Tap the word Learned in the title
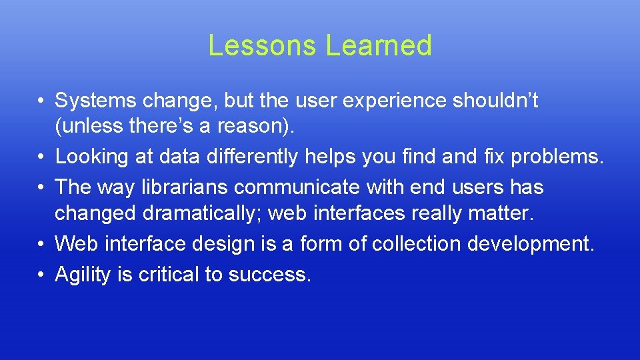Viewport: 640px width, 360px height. coord(379,45)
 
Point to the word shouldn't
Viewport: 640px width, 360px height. coord(495,101)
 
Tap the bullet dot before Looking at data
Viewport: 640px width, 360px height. coord(41,157)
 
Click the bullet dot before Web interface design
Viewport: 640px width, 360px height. coord(41,244)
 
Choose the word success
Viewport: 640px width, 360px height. coord(269,275)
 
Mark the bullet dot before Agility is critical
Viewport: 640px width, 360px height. coord(41,275)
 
